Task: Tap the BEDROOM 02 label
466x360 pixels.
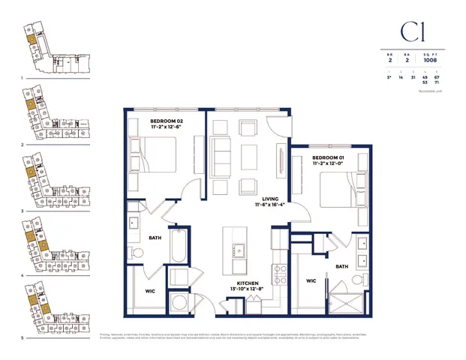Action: click(x=167, y=121)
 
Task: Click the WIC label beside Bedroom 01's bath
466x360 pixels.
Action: click(x=312, y=282)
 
